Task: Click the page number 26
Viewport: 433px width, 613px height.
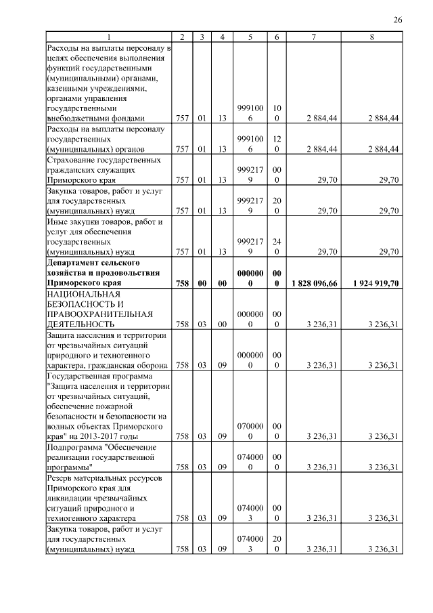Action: pyautogui.click(x=398, y=20)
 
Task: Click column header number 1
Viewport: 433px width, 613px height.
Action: pyautogui.click(x=109, y=37)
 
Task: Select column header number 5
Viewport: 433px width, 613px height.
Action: pyautogui.click(x=250, y=37)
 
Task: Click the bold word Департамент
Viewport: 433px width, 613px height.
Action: pyautogui.click(x=74, y=262)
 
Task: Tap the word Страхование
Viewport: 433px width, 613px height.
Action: pyautogui.click(x=73, y=160)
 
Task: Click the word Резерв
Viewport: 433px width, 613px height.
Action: pyautogui.click(x=59, y=477)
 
